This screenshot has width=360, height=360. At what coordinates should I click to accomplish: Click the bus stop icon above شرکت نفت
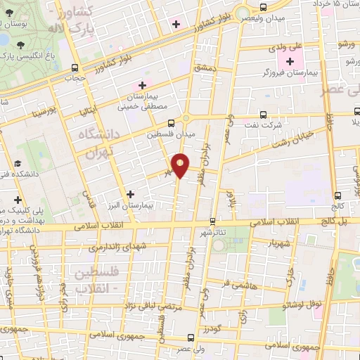tap(264, 114)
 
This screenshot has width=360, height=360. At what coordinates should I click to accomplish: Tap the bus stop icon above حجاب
tap(75, 67)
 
